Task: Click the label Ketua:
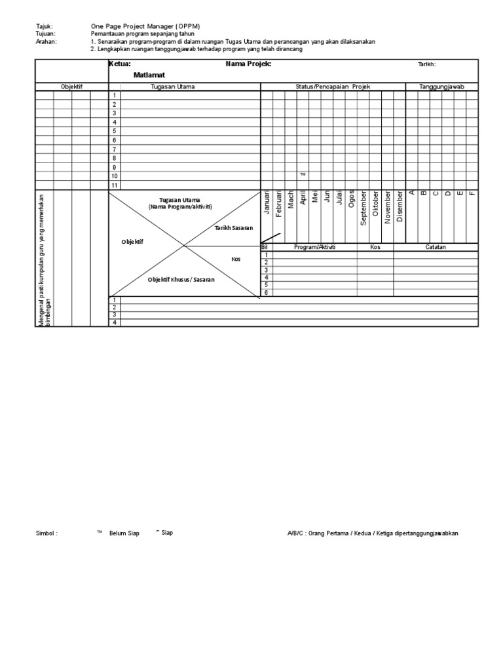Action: coord(120,64)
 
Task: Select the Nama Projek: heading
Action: coord(248,64)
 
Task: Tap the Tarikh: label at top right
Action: coord(426,64)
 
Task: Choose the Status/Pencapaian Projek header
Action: coord(333,86)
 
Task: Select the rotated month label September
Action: coord(363,208)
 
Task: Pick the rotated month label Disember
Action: coord(400,206)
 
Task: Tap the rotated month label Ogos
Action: coord(351,199)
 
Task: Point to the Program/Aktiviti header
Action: coord(314,247)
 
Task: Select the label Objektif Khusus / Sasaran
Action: coord(181,280)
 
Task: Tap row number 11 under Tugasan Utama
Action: coord(114,185)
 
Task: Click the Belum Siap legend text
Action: coord(124,533)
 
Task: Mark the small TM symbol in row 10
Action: coord(303,175)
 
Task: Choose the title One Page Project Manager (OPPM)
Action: coord(145,26)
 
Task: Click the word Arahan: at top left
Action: coord(46,41)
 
